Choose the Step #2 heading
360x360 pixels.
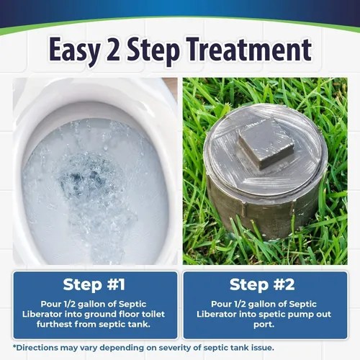pos(264,284)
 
